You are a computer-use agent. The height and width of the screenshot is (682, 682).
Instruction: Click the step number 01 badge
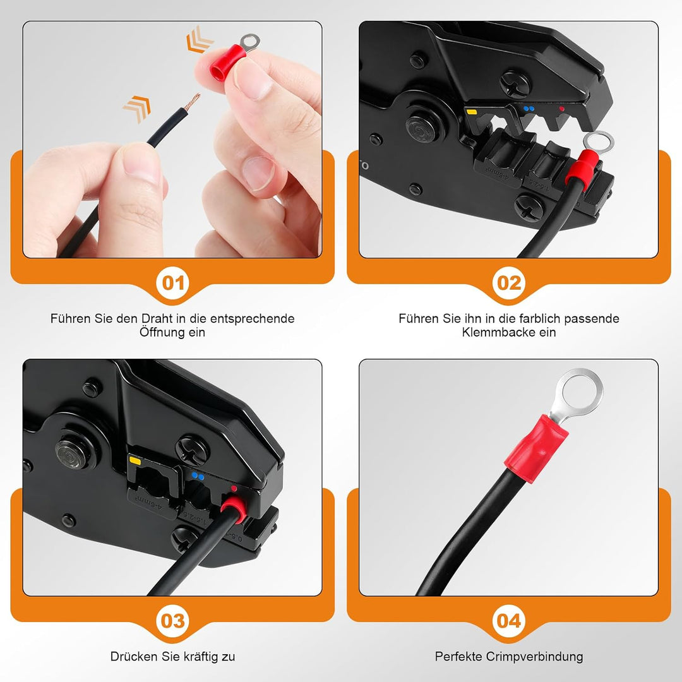(x=172, y=283)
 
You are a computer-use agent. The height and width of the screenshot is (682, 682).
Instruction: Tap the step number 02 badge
(x=509, y=283)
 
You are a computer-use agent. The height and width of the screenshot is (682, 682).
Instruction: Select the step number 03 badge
(x=172, y=621)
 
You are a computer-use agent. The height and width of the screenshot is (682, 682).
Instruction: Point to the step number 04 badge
(x=509, y=621)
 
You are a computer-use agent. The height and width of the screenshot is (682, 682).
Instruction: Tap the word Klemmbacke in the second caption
(x=498, y=332)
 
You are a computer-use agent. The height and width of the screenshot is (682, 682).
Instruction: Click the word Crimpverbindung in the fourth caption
(x=534, y=656)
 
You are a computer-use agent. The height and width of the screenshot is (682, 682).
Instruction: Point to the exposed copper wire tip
(x=192, y=102)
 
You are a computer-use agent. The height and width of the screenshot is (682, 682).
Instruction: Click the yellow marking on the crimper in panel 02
(x=472, y=112)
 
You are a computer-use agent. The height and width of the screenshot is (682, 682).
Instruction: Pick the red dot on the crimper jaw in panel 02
(x=561, y=109)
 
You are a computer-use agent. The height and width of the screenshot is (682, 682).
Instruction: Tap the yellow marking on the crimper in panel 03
(x=135, y=460)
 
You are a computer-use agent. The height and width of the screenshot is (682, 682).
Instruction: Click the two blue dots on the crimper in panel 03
(x=198, y=477)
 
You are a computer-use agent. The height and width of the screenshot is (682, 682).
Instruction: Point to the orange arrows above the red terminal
(x=200, y=39)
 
